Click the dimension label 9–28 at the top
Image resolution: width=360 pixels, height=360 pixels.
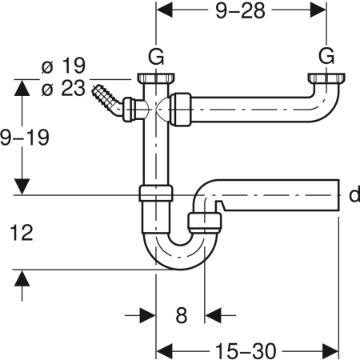239,14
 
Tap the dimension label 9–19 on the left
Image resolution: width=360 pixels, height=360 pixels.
26,137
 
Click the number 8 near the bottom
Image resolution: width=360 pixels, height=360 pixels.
181,315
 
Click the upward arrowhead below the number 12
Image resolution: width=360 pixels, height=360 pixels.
23,278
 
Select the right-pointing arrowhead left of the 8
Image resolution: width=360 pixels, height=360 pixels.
148,314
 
